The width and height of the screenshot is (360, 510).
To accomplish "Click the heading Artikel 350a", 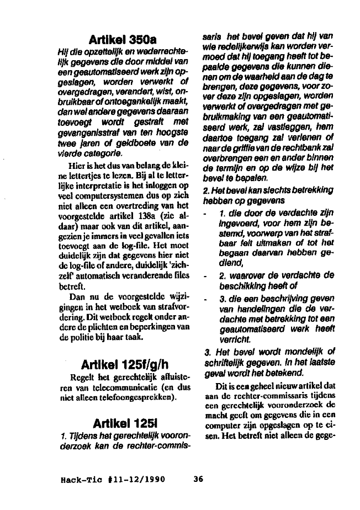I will (123, 40).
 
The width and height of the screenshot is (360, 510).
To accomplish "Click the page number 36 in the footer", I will (199, 479).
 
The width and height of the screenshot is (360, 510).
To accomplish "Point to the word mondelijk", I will (305, 351).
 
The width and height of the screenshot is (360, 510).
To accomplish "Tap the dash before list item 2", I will (205, 275).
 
